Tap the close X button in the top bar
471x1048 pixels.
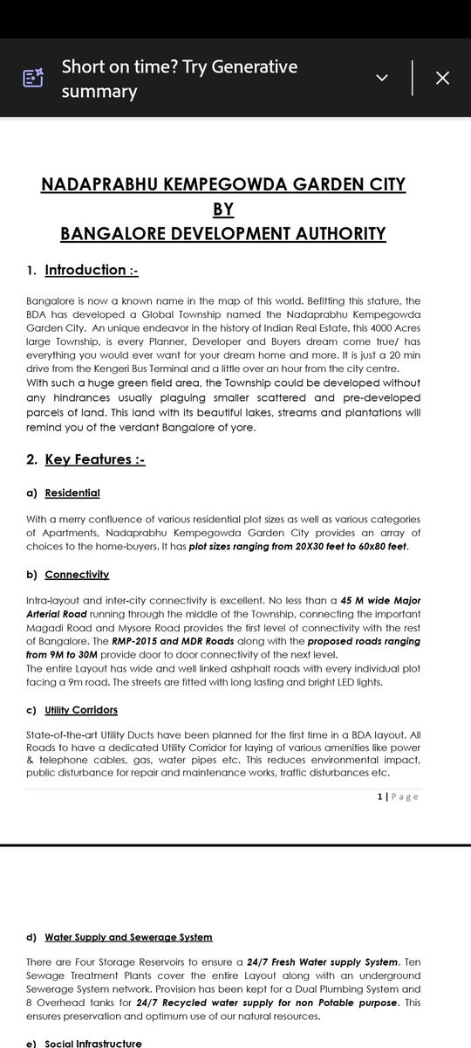pyautogui.click(x=442, y=78)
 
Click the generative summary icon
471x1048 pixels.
pyautogui.click(x=32, y=78)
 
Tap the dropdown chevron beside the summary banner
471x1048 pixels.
pyautogui.click(x=382, y=78)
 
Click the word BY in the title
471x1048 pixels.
pyautogui.click(x=223, y=210)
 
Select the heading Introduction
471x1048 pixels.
pyautogui.click(x=85, y=270)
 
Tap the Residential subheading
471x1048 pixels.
pyautogui.click(x=72, y=493)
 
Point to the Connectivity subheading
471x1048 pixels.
pyautogui.click(x=77, y=574)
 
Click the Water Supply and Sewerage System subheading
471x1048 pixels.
pyautogui.click(x=128, y=937)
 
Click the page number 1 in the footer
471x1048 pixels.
pyautogui.click(x=380, y=796)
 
